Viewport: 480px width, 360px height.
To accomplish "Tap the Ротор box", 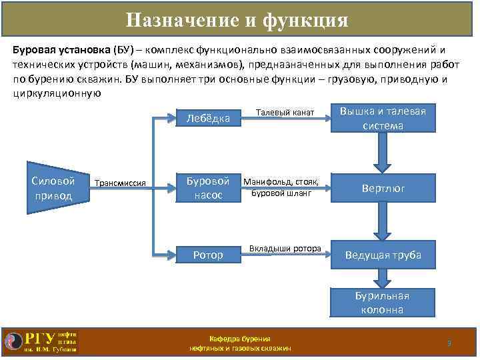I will (208, 255).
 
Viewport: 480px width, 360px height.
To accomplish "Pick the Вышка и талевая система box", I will (383, 119).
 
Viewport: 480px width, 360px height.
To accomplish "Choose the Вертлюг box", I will (383, 189).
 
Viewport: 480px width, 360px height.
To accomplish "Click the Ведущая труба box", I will (383, 255).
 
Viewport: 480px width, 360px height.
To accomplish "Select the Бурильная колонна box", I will (383, 303).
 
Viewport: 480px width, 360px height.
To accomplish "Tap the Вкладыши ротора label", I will (285, 249).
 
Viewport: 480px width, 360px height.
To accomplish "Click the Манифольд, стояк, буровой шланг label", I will (281, 187).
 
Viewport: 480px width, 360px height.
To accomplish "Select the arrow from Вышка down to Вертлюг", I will (382, 153).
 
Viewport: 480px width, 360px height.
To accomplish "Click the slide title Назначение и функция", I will (237, 20).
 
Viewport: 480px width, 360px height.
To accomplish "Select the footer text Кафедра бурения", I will (239, 339).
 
